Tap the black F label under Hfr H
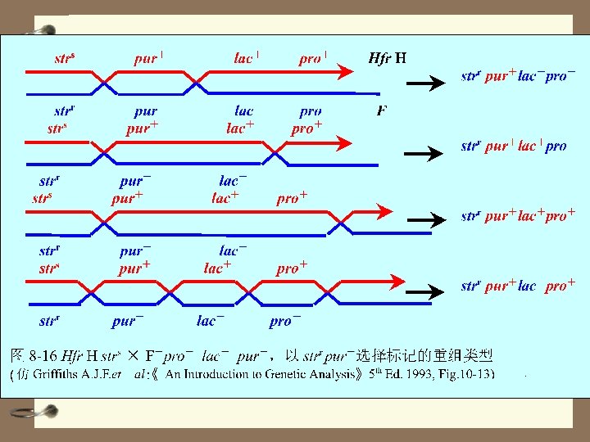click(382, 110)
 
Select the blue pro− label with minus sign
click(285, 321)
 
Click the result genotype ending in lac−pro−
click(518, 76)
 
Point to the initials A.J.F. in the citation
click(99, 374)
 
